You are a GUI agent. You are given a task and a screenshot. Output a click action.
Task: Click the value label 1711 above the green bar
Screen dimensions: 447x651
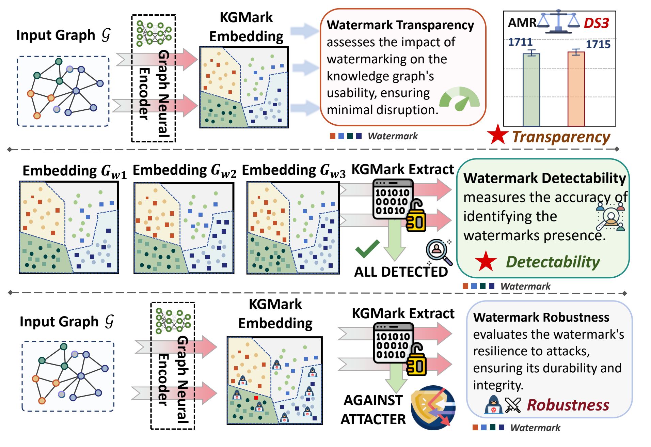coord(520,42)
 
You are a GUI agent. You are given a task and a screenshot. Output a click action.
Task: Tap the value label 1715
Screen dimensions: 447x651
coord(598,44)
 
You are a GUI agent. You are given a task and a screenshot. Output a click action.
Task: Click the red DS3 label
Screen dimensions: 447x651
coord(596,23)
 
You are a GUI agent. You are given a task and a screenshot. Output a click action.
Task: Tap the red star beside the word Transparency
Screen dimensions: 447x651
coord(497,135)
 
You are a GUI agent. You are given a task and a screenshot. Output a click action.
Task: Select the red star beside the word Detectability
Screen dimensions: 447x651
coord(486,261)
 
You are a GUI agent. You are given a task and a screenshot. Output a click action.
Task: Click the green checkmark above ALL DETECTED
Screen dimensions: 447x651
coord(367,248)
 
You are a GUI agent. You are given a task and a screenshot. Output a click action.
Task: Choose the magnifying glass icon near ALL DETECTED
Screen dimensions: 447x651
coord(439,252)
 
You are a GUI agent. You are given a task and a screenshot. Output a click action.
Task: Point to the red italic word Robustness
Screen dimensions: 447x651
coord(568,405)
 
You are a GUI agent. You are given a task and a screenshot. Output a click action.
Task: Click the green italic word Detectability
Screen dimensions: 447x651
coord(553,262)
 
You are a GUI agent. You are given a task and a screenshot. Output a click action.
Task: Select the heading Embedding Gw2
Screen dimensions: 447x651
coord(184,170)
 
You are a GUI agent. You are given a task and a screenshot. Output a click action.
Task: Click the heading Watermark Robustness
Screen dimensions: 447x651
coord(541,317)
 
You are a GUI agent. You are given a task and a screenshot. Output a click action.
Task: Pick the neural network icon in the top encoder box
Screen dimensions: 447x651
coord(154,33)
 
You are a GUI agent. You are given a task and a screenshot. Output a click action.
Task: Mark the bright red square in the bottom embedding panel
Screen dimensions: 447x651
coord(256,397)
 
